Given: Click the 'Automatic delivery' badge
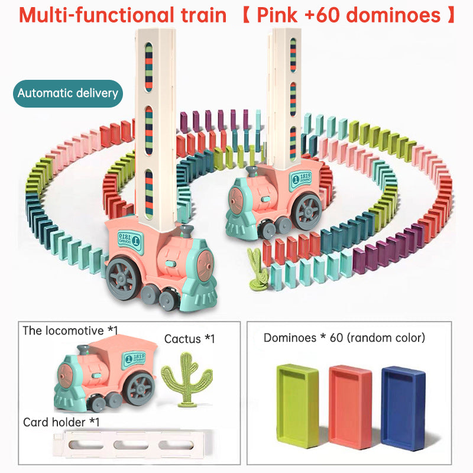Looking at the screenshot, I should tap(67, 93).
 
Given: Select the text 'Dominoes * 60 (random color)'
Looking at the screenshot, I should tap(344, 338).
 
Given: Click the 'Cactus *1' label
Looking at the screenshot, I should tap(189, 339).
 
